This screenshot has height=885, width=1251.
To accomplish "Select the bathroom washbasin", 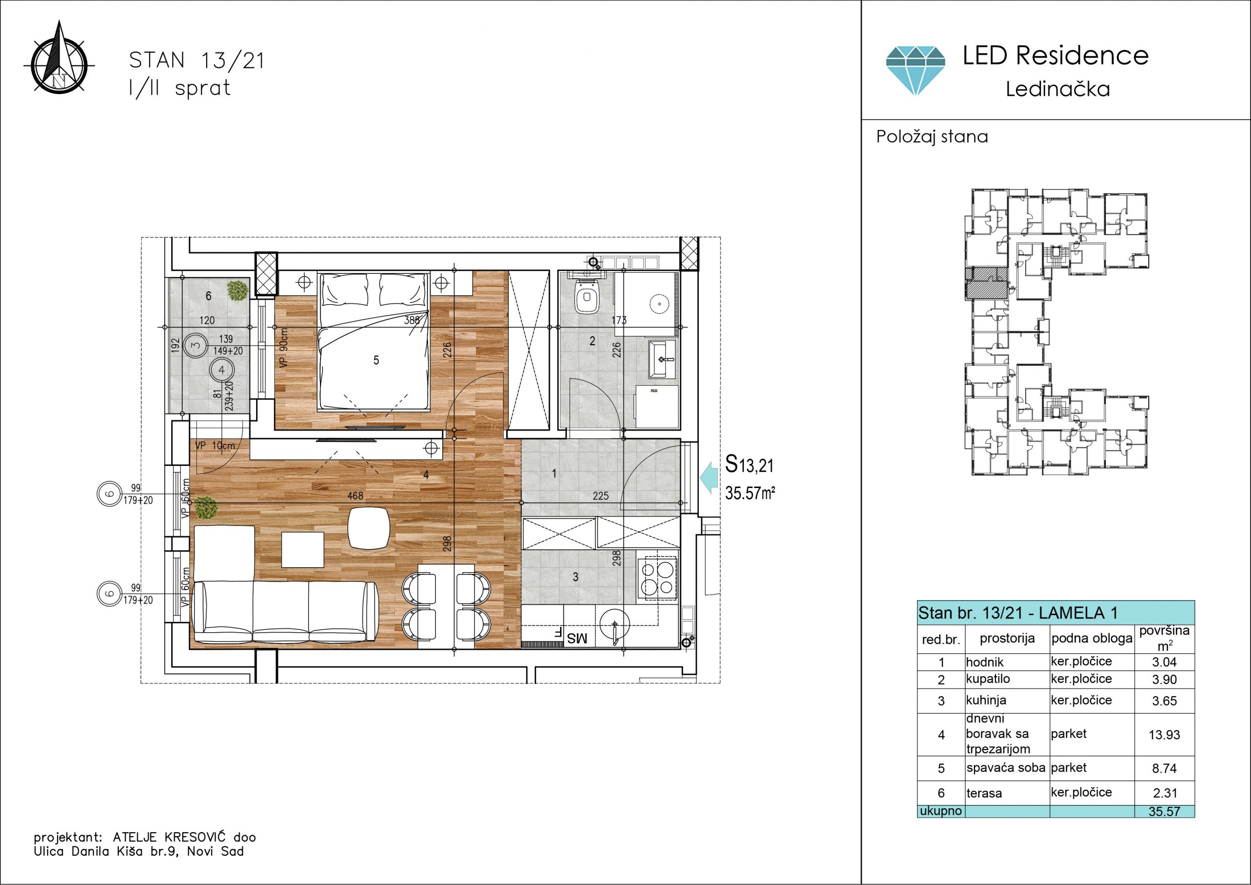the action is (662, 359).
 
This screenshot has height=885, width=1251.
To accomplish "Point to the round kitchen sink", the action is (615, 624).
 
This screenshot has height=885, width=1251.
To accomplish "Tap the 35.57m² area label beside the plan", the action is (750, 493).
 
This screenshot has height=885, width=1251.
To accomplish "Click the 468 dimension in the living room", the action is (355, 496).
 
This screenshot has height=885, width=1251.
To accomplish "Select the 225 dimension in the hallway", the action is (601, 496).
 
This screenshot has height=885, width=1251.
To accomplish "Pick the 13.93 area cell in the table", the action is (1164, 735).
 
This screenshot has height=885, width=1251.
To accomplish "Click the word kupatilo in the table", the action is (988, 679).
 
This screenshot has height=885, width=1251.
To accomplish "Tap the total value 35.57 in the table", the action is (1164, 811).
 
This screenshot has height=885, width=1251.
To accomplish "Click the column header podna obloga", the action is (1092, 639).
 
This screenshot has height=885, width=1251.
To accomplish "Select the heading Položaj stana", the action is (932, 136).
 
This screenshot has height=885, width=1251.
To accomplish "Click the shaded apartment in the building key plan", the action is (986, 283).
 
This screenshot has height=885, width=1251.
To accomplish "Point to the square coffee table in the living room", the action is (302, 550).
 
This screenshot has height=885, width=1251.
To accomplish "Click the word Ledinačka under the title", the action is (1057, 89).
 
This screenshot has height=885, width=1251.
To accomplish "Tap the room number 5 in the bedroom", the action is (376, 360).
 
